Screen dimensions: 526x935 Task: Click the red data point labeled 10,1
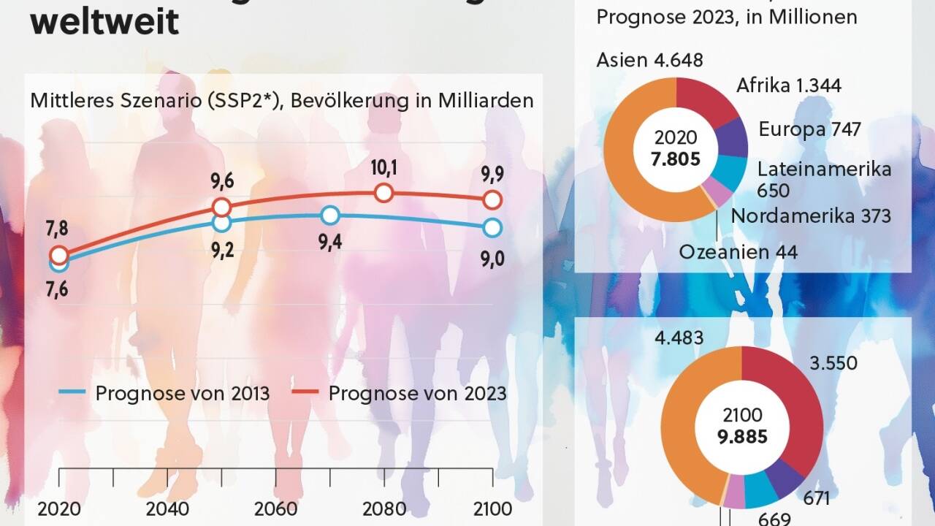(385, 193)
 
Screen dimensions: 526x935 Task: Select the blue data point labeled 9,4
(330, 215)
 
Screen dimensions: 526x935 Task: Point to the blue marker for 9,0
(492, 227)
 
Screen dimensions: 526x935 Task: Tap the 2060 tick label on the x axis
(276, 509)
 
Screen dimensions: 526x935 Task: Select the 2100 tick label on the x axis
(493, 509)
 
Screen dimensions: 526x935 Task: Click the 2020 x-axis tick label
(59, 509)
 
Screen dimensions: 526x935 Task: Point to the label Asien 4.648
(649, 60)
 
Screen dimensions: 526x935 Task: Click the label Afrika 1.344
(788, 85)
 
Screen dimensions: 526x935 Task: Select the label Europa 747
(809, 129)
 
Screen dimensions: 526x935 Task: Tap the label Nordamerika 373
(811, 216)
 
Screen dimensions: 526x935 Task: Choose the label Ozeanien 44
(738, 252)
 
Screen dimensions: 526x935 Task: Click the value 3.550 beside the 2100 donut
(833, 363)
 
